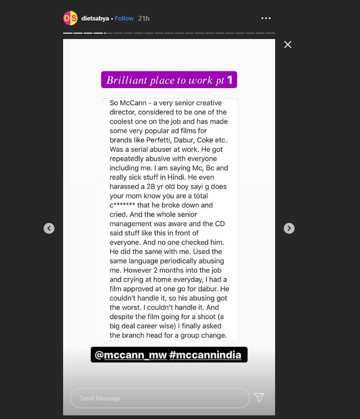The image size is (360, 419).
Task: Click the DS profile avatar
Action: (x=70, y=18)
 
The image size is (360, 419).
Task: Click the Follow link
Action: (x=124, y=19)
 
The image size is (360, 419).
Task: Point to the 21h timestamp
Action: (x=144, y=19)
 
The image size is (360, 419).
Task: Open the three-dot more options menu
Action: (x=266, y=18)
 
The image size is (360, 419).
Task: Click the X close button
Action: (x=287, y=44)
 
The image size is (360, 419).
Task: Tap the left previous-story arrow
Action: (x=49, y=228)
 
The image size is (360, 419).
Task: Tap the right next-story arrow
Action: (x=289, y=228)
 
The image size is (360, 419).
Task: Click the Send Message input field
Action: (x=160, y=398)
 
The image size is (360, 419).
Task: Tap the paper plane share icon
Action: (x=259, y=398)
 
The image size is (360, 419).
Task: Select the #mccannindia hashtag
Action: (x=205, y=355)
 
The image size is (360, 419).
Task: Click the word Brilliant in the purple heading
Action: (x=127, y=80)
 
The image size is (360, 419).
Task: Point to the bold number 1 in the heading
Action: (x=230, y=80)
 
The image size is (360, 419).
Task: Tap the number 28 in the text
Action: (x=160, y=187)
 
